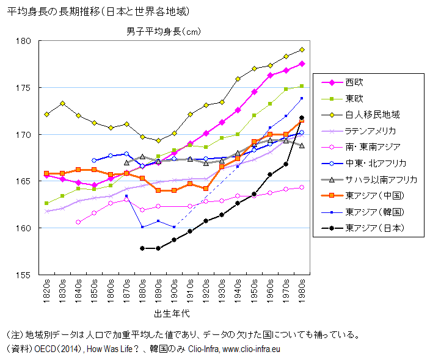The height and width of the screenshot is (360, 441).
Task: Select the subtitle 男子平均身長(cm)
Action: (x=163, y=31)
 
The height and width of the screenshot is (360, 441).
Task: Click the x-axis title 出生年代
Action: (x=172, y=313)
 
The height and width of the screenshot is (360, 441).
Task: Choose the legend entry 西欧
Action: (x=354, y=82)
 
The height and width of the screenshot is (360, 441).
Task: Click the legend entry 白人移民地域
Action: (x=372, y=114)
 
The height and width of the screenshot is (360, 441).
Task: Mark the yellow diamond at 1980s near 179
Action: (x=301, y=50)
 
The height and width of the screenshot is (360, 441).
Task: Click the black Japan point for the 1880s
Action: (x=142, y=248)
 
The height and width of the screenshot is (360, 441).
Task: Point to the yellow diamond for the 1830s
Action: (x=62, y=103)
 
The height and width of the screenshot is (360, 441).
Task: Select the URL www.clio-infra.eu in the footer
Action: (x=251, y=349)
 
